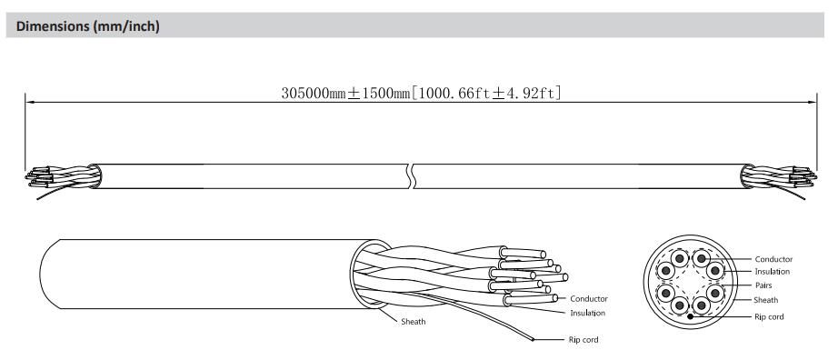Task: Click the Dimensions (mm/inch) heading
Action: tap(87, 26)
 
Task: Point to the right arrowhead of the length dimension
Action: tap(812, 102)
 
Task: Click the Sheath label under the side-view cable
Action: tap(414, 322)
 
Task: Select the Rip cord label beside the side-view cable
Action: tap(584, 340)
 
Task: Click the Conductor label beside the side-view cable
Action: tap(588, 298)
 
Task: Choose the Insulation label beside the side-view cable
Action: tap(587, 313)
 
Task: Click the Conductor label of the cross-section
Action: tap(773, 259)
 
